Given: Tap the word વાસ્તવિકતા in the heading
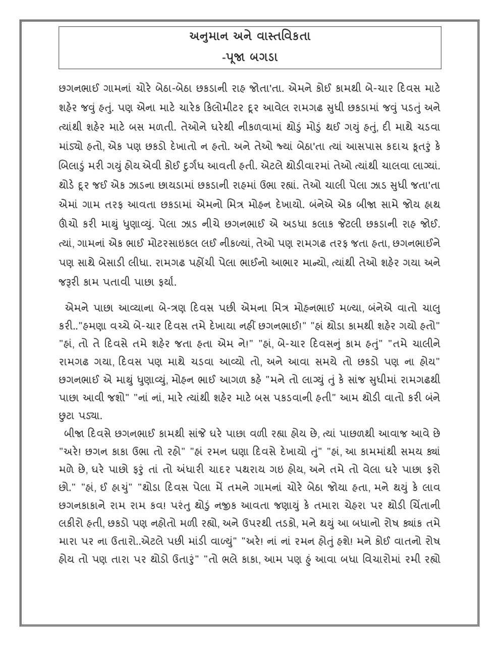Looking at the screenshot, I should [284, 36].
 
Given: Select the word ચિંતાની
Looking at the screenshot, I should [423, 507].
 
